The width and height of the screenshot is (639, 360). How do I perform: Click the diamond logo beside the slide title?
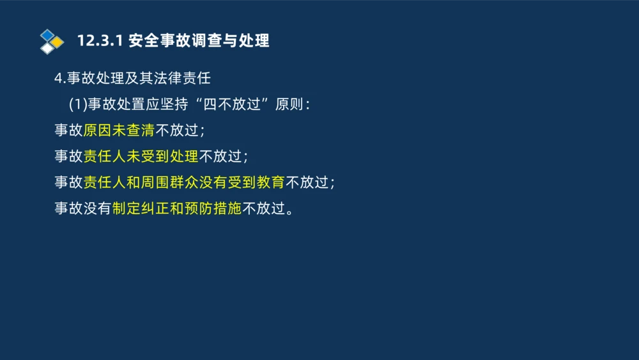click(52, 42)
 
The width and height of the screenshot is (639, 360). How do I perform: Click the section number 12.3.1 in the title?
click(100, 41)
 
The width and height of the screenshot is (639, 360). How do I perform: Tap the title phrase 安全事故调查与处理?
click(199, 41)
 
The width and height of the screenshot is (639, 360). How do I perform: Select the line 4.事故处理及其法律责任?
click(132, 79)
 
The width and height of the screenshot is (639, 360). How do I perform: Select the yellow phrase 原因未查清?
click(119, 130)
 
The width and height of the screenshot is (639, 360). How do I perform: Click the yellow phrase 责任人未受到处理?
click(141, 156)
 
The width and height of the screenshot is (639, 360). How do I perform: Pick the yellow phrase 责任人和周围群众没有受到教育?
click(184, 182)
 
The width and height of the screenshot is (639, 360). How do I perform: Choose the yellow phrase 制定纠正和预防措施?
click(176, 208)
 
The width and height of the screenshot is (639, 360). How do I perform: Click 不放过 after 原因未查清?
click(176, 130)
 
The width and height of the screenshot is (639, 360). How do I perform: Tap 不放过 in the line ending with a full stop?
click(263, 208)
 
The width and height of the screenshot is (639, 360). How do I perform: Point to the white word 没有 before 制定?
click(97, 208)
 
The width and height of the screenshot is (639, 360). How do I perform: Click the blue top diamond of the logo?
click(47, 35)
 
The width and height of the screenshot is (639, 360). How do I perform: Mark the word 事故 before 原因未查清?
click(68, 130)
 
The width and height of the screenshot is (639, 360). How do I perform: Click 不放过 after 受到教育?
click(306, 182)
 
